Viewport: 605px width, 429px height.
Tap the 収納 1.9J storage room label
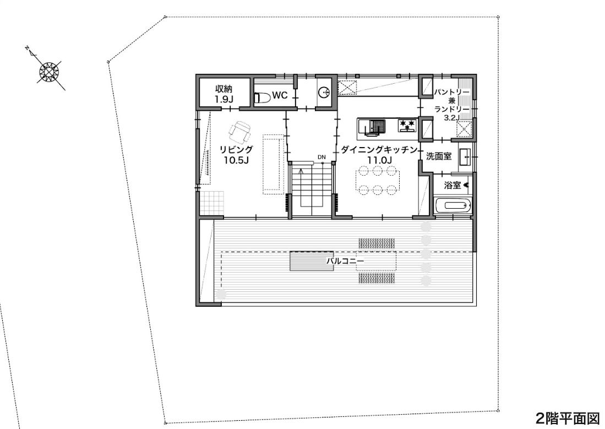tap(224, 94)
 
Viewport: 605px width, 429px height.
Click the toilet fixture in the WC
tap(264, 97)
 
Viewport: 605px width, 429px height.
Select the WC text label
tap(280, 95)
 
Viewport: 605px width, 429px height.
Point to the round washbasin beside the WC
tap(324, 92)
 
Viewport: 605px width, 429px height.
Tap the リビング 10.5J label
tap(236, 155)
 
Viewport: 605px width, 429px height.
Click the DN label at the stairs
tap(321, 157)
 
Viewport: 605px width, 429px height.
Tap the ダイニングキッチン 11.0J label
tap(380, 154)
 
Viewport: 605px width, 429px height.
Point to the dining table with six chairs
tap(378, 180)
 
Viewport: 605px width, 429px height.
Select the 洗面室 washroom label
tap(439, 157)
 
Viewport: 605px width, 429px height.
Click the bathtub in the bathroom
tap(453, 206)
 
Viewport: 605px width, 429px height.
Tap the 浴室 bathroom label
tap(452, 186)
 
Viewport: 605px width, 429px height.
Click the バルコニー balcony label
tap(345, 261)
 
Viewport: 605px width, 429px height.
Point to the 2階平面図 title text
tap(568, 418)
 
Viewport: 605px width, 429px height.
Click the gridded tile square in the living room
tap(211, 202)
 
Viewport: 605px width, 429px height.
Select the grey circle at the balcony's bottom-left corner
tap(221, 294)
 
